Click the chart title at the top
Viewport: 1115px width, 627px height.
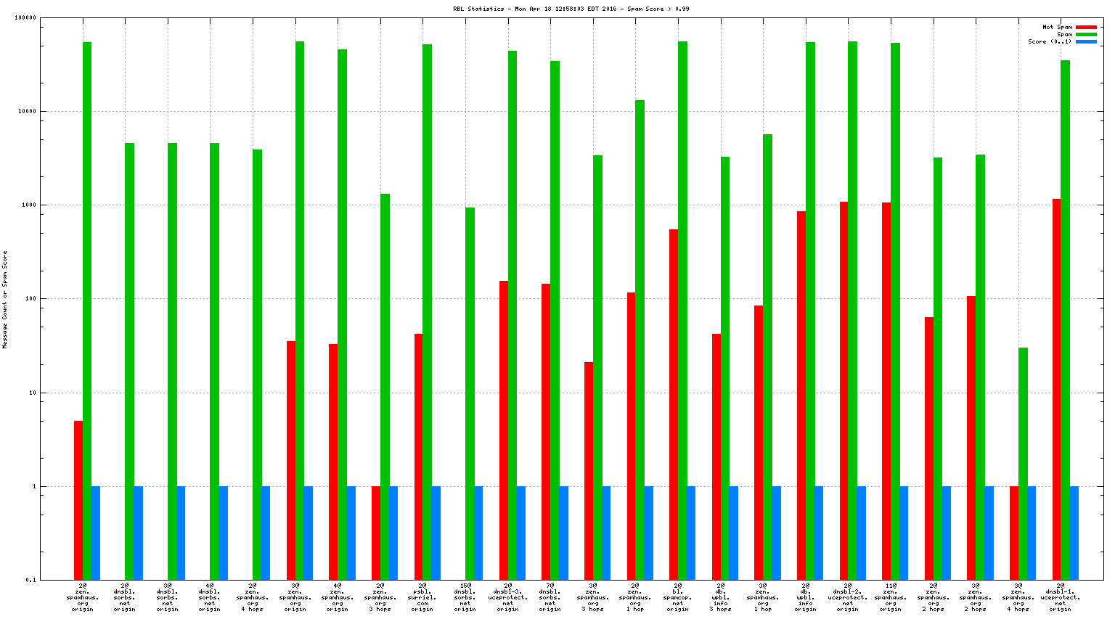571,9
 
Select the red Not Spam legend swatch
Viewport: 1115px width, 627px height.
1086,28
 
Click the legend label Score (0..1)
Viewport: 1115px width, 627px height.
1050,42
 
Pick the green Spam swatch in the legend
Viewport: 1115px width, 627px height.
1086,35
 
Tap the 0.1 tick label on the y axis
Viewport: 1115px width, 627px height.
30,580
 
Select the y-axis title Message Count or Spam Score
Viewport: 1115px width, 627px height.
5,299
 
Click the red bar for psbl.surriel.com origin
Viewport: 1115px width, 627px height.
418,457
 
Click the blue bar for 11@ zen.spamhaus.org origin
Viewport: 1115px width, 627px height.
904,533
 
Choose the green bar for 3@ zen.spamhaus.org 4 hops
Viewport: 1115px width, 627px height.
1023,464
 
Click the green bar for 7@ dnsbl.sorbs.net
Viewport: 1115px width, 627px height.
555,320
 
